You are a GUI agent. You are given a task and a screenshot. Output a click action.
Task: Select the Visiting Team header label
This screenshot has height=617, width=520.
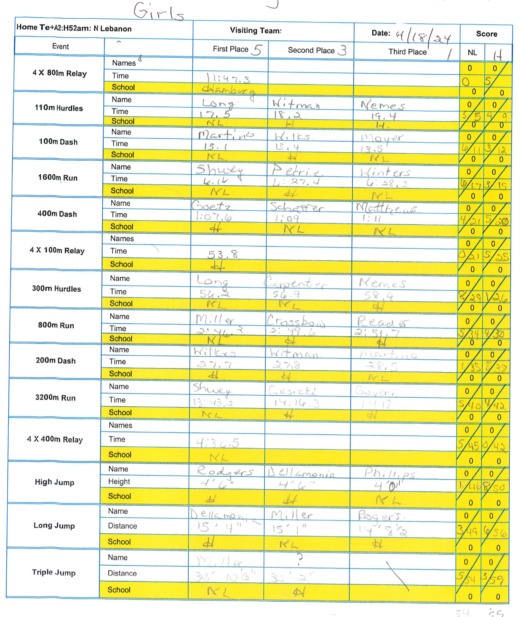coord(256,31)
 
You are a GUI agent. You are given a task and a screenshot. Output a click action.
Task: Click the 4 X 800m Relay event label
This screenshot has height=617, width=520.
coord(59,73)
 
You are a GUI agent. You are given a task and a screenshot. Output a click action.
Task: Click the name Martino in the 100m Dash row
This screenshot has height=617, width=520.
coord(226,135)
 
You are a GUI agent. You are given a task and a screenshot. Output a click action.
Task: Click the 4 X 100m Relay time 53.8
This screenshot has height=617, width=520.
coord(223,254)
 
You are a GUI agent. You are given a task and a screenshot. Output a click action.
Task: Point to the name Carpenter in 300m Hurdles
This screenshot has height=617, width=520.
coord(295,283)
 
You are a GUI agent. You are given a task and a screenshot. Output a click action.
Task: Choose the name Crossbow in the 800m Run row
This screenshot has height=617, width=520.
coord(296,321)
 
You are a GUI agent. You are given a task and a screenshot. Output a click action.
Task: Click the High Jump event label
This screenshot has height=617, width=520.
coord(54,482)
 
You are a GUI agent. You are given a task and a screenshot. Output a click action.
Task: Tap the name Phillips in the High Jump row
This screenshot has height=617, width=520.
coord(389,473)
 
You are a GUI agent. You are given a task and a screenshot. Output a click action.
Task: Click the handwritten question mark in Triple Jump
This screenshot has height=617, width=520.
coord(299,558)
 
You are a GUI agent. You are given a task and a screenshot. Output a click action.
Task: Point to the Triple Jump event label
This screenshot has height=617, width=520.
coord(54,572)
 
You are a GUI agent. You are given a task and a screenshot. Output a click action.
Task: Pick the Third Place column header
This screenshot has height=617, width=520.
coord(407,52)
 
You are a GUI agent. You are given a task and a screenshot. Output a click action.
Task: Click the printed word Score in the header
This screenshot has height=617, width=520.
coord(486,34)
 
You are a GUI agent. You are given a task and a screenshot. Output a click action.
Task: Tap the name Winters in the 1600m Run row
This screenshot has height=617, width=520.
coord(385,172)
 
